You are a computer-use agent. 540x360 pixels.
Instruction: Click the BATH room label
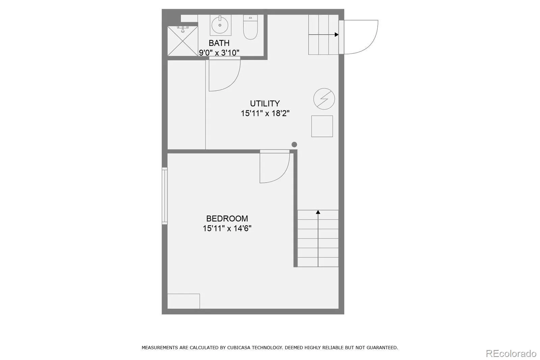[x=219, y=43]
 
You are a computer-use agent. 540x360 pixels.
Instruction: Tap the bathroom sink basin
[x=220, y=25]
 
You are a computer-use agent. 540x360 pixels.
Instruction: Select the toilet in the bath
[x=250, y=27]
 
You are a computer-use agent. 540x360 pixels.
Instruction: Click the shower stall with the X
[x=183, y=41]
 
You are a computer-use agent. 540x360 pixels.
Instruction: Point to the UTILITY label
[x=265, y=104]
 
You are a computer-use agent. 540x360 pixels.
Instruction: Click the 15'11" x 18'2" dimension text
[x=265, y=113]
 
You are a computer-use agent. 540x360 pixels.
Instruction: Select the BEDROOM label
[x=227, y=218]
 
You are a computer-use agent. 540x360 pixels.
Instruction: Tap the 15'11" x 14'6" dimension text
[x=227, y=228]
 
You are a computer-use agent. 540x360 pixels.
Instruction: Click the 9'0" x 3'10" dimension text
[x=219, y=53]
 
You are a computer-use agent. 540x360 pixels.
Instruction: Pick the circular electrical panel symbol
[x=324, y=99]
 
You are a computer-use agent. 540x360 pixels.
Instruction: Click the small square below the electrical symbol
[x=322, y=126]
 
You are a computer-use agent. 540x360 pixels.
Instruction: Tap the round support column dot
[x=294, y=145]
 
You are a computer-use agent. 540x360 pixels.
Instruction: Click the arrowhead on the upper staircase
[x=336, y=35]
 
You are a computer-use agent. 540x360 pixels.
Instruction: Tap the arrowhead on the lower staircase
[x=318, y=212]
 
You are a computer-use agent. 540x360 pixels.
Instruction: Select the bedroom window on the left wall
[x=165, y=196]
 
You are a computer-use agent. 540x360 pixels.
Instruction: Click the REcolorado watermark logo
[x=511, y=354]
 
